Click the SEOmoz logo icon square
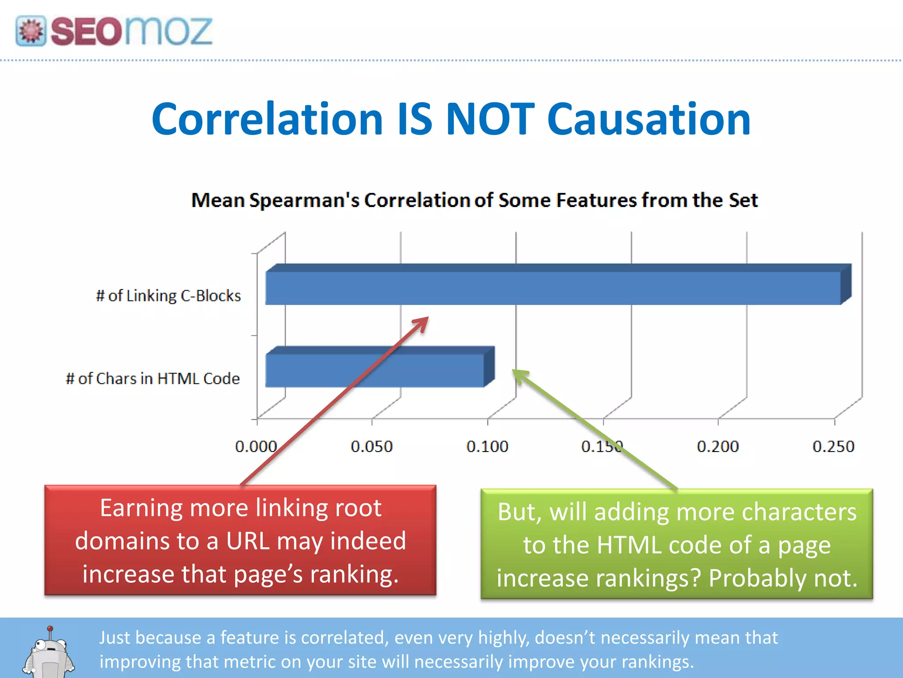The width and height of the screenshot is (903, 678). point(31,31)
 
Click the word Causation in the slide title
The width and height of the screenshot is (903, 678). point(649,119)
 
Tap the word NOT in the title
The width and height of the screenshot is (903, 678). point(490,119)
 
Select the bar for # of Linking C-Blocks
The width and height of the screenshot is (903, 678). point(553,288)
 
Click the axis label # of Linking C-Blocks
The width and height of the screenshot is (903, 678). point(168,296)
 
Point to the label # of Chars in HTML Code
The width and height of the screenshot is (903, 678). point(153,379)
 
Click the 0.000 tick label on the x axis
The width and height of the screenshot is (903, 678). point(256,447)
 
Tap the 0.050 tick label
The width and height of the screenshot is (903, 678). point(372,447)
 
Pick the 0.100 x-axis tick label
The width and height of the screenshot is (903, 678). point(487,447)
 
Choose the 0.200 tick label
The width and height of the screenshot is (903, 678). point(718,447)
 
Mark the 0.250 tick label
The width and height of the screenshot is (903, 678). point(833,447)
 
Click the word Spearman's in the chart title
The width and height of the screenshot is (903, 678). point(304,200)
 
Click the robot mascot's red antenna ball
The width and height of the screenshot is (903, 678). point(50,628)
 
